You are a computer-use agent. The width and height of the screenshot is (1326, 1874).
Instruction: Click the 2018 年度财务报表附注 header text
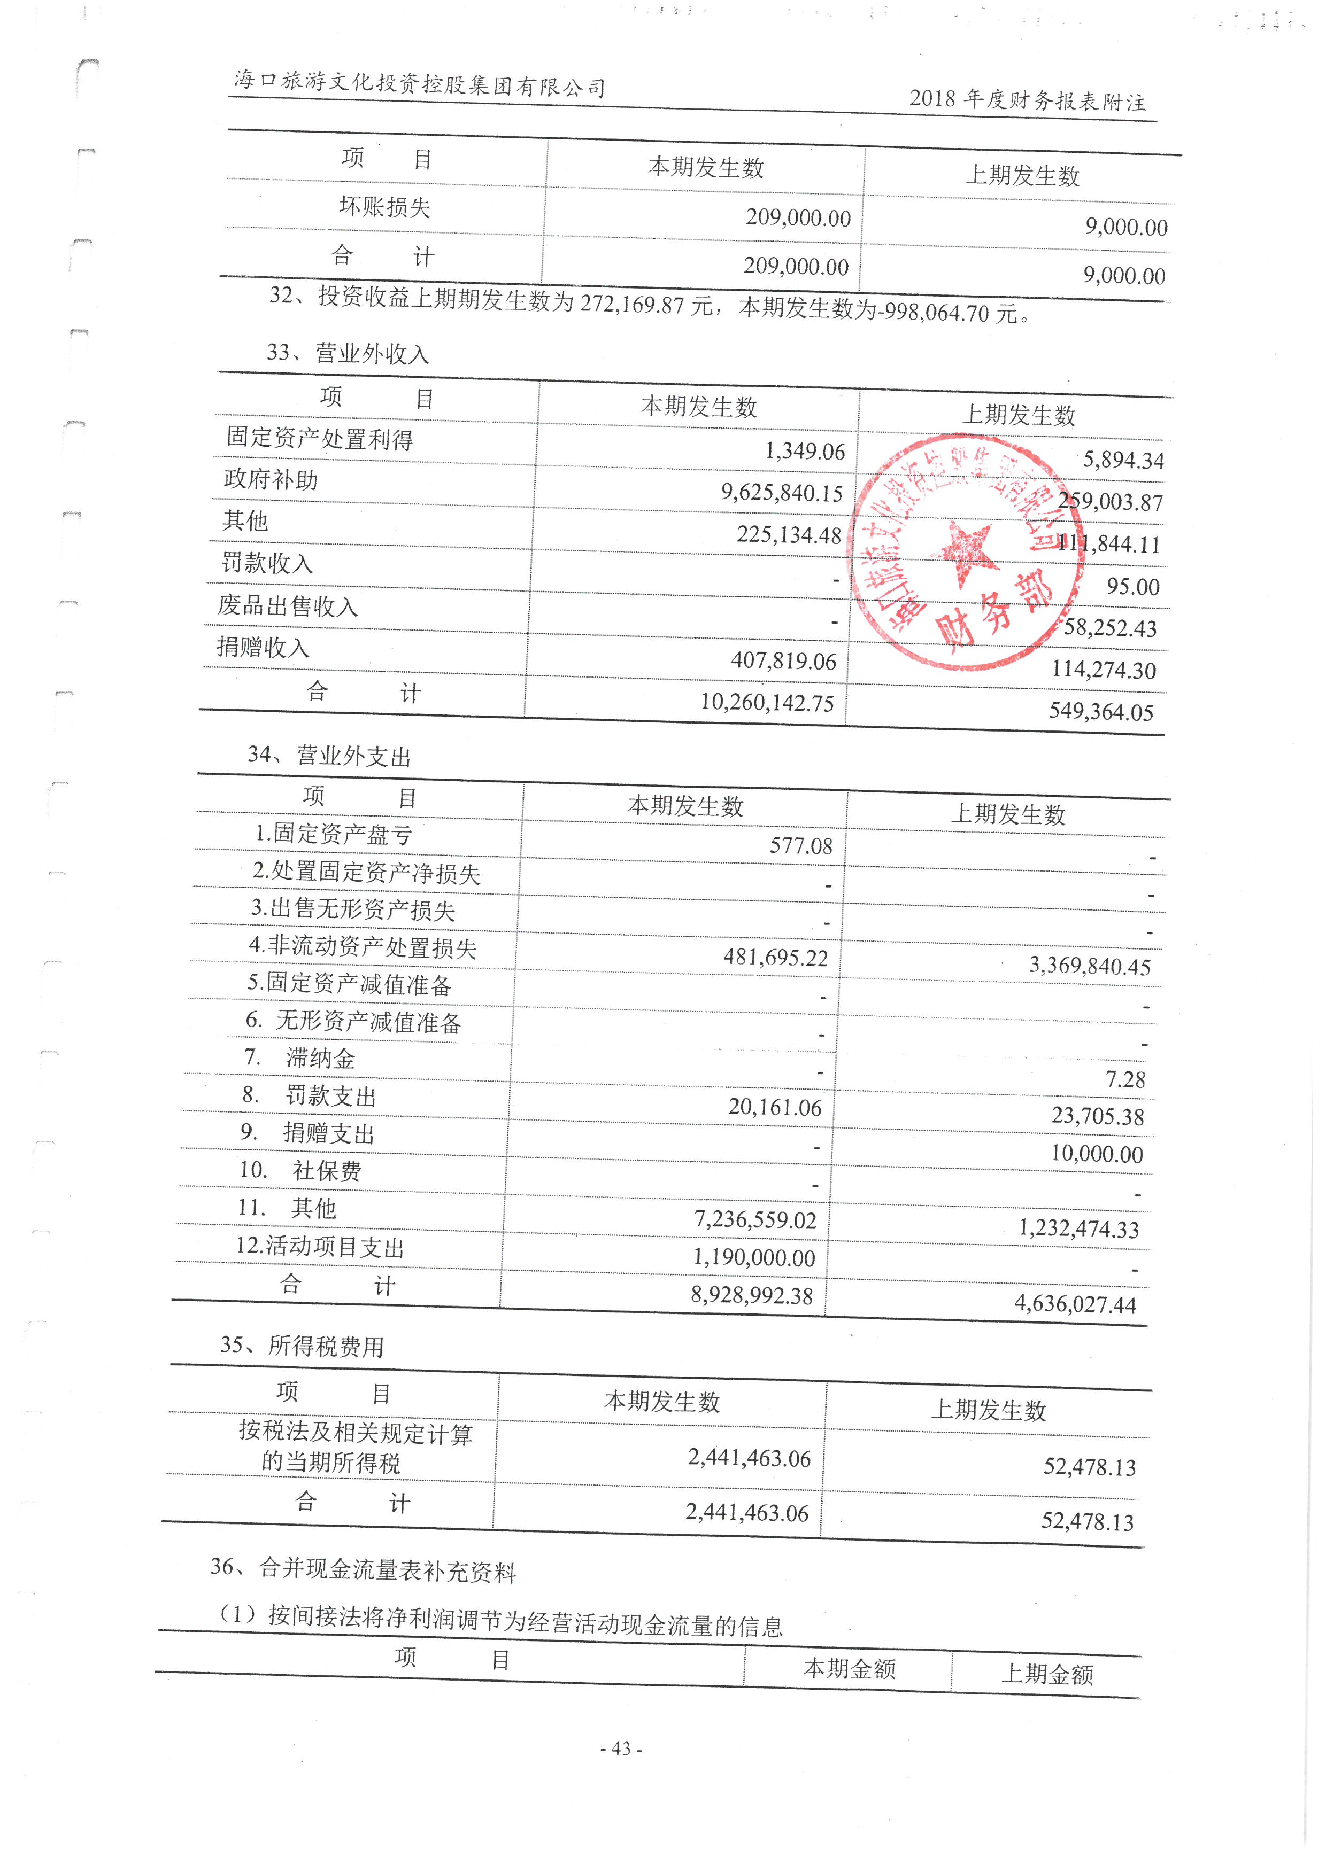[1027, 100]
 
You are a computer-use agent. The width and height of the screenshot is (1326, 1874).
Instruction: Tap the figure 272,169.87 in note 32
[631, 305]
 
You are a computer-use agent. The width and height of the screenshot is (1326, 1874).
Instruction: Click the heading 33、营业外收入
[348, 353]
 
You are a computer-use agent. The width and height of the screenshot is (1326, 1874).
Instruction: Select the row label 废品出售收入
[288, 605]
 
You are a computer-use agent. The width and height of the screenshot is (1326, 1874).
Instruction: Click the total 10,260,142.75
[767, 702]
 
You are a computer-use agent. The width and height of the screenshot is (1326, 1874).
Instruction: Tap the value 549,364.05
[1101, 711]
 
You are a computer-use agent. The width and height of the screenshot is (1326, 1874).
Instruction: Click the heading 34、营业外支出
[329, 756]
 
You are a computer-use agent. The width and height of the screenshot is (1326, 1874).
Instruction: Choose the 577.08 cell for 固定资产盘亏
[800, 845]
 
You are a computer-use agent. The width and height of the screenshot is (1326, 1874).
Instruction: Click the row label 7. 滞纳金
[299, 1059]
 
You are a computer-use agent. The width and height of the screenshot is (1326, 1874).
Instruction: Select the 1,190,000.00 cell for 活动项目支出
[754, 1258]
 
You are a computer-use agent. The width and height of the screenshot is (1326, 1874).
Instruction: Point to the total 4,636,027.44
[1075, 1303]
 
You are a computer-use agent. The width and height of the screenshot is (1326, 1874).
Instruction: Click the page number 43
[621, 1748]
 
